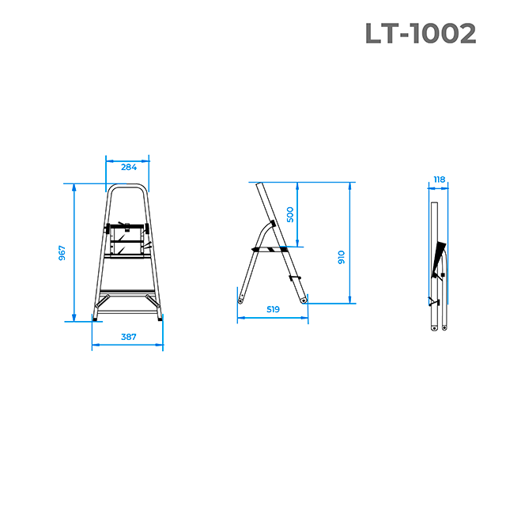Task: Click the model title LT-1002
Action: pos(421,33)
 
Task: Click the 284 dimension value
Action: pos(129,167)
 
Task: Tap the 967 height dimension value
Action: pos(62,253)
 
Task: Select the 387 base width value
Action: pos(128,337)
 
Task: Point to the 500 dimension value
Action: pos(290,214)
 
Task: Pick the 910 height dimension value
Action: pos(341,257)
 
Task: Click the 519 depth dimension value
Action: pos(273,309)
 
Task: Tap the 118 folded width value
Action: pos(440,179)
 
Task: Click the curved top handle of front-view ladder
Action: pos(127,185)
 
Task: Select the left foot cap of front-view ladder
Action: pos(95,319)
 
